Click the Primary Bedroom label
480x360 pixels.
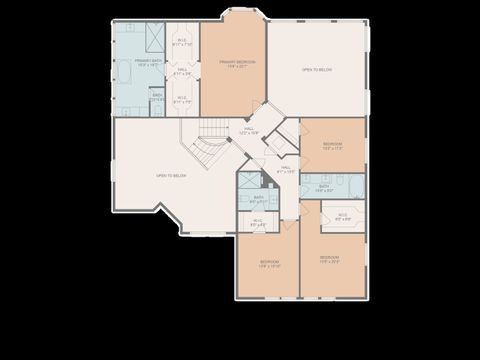pos(237,64)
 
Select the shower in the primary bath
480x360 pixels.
pos(155,37)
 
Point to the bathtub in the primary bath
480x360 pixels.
pos(125,74)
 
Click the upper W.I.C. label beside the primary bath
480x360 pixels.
pos(182,43)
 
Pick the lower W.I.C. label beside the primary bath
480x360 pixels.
pos(182,100)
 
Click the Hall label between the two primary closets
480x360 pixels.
pos(182,72)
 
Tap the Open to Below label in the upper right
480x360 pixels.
pos(317,70)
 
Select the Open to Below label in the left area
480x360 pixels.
pos(171,176)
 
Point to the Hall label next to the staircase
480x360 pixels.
pos(247,130)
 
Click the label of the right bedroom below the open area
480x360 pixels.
pos(332,146)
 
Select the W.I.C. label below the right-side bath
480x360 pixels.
pos(342,216)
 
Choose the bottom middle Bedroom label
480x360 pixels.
pos(268,265)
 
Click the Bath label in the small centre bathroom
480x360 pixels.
pos(258,200)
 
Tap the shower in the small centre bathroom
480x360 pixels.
pos(246,181)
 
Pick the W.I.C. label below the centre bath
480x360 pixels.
pos(257,222)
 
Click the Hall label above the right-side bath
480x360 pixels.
pos(286,170)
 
